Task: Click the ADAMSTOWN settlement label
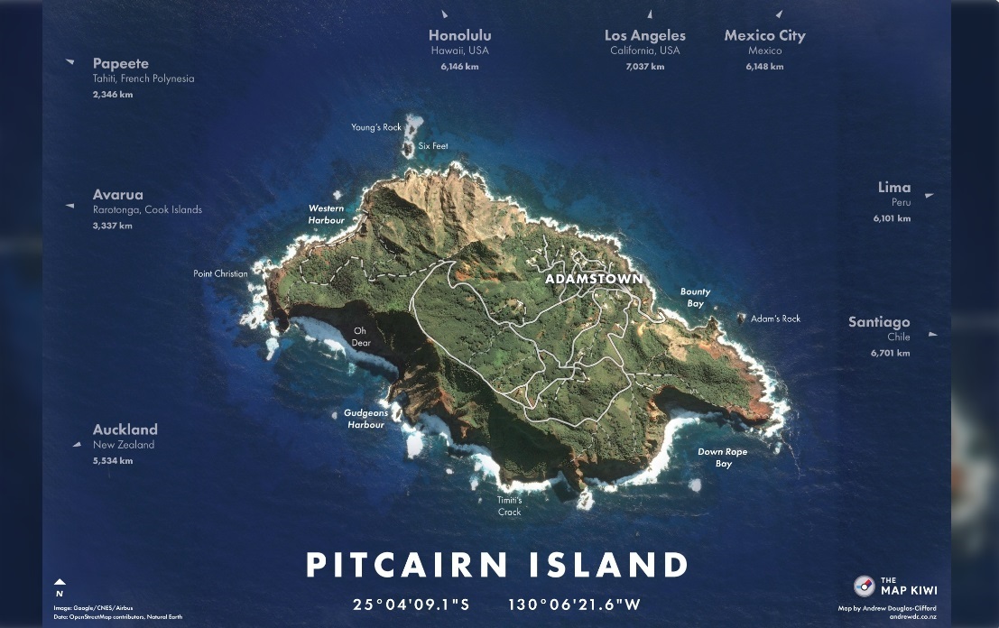pos(594,279)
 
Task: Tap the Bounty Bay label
pos(695,298)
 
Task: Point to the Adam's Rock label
pos(775,319)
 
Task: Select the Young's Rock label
pos(376,127)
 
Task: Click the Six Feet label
pos(433,146)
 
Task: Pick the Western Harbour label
pos(327,215)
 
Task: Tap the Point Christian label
pos(220,273)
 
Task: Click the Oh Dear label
pos(361,337)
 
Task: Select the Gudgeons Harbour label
pos(365,419)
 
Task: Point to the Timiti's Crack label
pos(510,506)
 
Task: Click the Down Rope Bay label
pos(723,457)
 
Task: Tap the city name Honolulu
pos(459,36)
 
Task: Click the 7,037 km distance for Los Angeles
pos(644,67)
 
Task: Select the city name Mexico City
pos(764,36)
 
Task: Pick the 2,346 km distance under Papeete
pos(113,95)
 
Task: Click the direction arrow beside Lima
pos(929,195)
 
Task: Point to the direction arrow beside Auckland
pos(77,444)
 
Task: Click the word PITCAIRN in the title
pos(408,566)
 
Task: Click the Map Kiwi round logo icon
pos(864,586)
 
